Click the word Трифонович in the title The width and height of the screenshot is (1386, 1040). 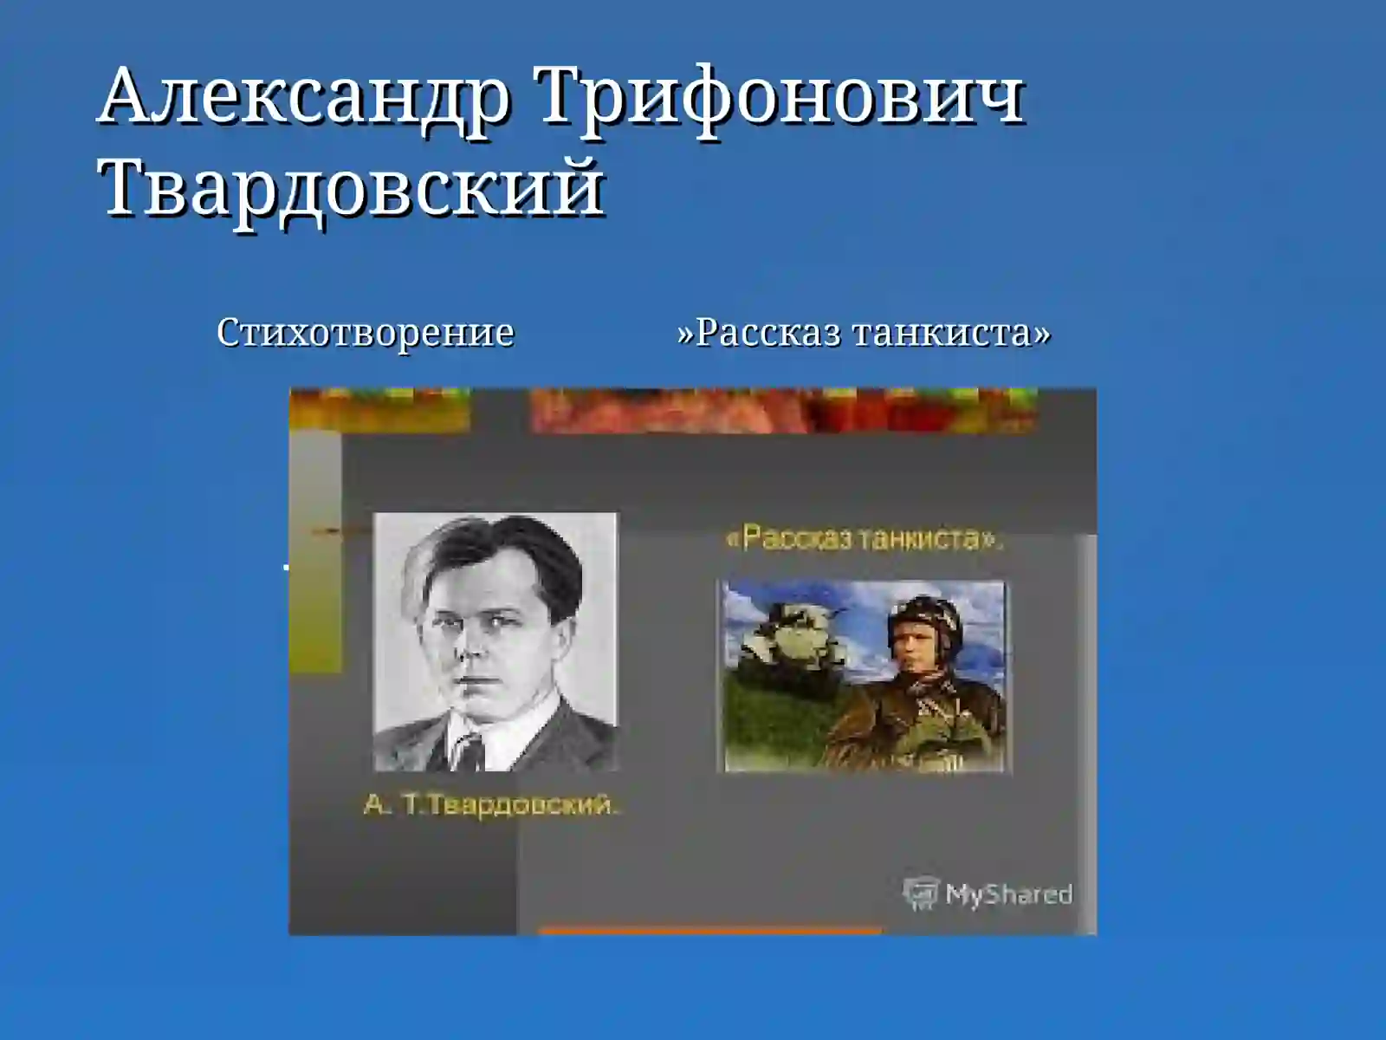tap(780, 97)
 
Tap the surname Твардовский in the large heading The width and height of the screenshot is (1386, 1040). tap(352, 187)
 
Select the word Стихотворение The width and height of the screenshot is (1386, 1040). tap(365, 333)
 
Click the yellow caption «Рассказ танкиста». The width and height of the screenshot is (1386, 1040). tap(864, 539)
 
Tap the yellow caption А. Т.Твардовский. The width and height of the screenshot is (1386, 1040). tap(491, 805)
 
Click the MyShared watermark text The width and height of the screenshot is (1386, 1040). tap(1008, 894)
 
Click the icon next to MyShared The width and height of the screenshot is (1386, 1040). tap(920, 894)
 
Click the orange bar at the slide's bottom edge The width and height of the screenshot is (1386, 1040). tap(710, 932)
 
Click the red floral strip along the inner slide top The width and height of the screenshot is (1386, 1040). tap(780, 409)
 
